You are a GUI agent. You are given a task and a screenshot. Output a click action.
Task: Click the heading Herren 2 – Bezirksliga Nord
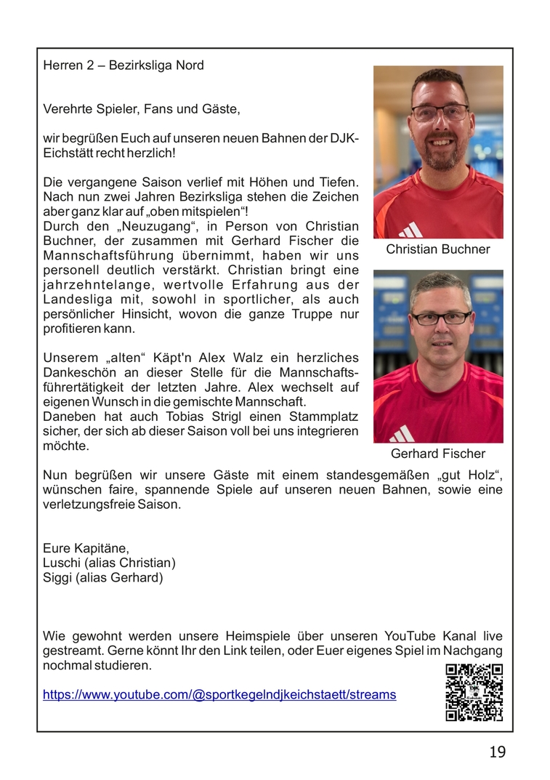124,65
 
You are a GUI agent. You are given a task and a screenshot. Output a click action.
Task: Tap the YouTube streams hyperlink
219,694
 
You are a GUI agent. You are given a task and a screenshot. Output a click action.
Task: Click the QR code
474,692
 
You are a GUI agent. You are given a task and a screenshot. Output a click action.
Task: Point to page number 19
497,752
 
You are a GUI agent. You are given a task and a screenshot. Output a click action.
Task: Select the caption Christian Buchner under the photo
437,249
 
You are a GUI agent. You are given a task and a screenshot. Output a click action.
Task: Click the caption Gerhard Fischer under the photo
437,454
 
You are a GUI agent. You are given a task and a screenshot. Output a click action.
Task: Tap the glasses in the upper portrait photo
440,113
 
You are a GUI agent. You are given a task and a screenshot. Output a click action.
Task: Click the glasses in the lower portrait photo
440,318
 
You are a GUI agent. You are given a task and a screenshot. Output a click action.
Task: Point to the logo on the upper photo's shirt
411,230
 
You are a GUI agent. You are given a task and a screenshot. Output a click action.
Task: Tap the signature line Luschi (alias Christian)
109,563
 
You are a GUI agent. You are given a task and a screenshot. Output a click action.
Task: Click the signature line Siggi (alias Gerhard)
103,578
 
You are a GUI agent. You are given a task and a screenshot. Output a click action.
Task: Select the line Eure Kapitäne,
86,547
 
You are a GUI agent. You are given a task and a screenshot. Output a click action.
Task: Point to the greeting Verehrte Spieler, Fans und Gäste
141,109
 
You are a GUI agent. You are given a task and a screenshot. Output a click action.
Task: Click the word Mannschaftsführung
108,255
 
